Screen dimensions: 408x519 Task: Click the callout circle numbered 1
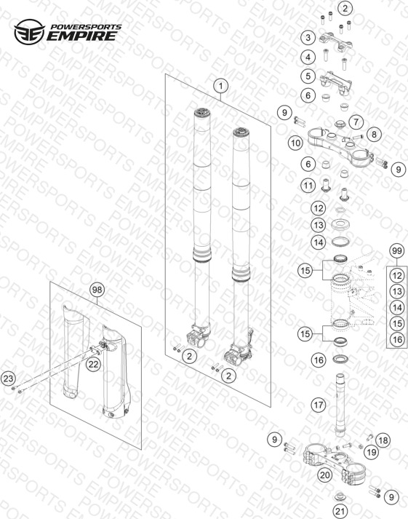tap(220, 87)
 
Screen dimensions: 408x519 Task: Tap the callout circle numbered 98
tap(97, 290)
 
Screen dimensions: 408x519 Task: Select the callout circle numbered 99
tap(397, 251)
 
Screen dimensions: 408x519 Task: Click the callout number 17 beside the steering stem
tap(319, 405)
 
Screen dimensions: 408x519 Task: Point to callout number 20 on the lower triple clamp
tap(324, 475)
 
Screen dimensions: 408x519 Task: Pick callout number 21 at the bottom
tap(340, 511)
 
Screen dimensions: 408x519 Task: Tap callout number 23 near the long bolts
tap(8, 379)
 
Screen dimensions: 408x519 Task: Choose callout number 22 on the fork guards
tap(94, 364)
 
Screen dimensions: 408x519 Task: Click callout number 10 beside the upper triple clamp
tap(295, 143)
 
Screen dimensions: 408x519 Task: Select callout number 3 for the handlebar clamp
tap(308, 37)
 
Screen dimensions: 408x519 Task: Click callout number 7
tap(356, 122)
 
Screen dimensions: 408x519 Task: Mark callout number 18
tap(383, 440)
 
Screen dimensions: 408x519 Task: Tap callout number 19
tap(371, 452)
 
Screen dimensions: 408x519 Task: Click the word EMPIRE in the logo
tap(81, 36)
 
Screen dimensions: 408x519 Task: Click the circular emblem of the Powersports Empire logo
tap(29, 32)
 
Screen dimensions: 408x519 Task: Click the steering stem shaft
tap(340, 403)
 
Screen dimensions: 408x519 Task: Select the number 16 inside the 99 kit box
tap(397, 339)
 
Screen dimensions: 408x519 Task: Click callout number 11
tap(308, 186)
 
